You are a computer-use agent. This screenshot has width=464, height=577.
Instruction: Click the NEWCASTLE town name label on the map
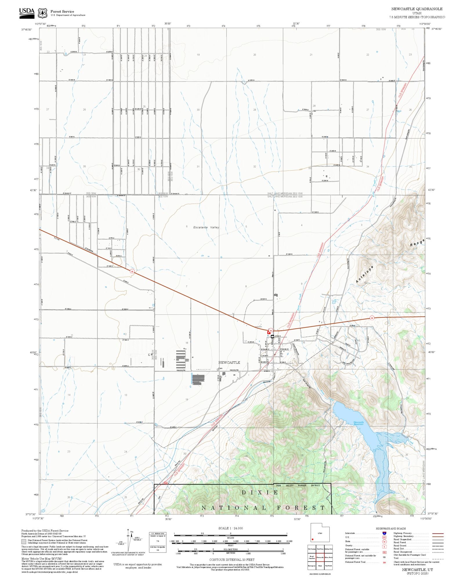click(x=229, y=362)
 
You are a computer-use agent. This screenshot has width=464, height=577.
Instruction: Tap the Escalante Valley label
click(x=206, y=227)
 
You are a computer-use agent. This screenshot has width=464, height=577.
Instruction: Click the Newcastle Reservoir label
click(x=358, y=423)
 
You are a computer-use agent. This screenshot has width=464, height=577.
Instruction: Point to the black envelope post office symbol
click(x=272, y=336)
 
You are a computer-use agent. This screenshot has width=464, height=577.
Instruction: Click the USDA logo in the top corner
click(x=27, y=13)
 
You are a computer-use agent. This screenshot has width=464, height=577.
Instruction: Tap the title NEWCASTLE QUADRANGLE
click(x=417, y=9)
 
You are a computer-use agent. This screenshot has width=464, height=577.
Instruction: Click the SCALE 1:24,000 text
click(x=231, y=528)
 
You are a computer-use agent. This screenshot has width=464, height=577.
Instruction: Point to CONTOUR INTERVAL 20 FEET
click(x=232, y=560)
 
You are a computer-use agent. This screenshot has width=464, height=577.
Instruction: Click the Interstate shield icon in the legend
click(x=384, y=533)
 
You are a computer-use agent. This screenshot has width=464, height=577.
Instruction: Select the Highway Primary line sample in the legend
click(x=438, y=534)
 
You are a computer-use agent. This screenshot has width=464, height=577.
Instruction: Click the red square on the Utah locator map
click(x=313, y=539)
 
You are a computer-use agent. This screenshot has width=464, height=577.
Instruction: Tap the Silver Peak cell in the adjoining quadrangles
click(x=328, y=557)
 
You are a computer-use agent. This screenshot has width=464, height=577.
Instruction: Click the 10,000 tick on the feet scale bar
click(x=289, y=541)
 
